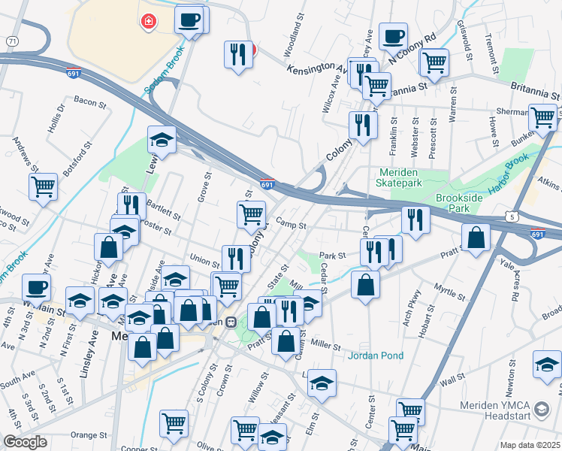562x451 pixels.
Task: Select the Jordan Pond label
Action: point(376,356)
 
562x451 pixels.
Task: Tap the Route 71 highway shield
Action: point(12,40)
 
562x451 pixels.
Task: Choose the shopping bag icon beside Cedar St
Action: point(365,285)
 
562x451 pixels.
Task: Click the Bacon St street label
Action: point(89,101)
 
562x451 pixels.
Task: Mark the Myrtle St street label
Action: point(451,291)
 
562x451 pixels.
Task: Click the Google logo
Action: point(25,442)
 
